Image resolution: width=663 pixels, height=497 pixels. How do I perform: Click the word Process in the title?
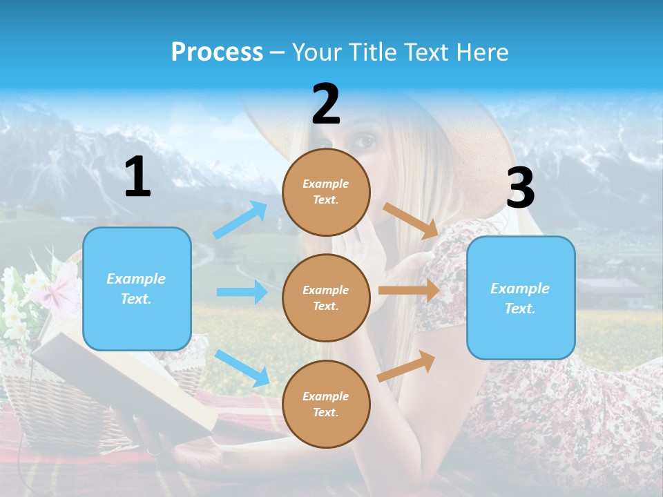tap(217, 52)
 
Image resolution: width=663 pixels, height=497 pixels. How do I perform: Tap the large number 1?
tap(137, 177)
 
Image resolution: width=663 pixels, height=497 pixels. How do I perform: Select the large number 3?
tap(520, 188)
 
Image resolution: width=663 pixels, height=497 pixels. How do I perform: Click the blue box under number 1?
tap(137, 289)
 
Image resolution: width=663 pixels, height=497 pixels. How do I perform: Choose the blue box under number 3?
tap(521, 298)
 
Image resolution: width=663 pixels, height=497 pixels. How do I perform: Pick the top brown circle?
tap(326, 192)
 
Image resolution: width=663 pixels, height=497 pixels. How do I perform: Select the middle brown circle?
tap(326, 298)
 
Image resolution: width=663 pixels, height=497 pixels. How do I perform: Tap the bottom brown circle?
tap(326, 404)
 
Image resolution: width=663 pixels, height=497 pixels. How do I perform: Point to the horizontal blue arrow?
tap(242, 292)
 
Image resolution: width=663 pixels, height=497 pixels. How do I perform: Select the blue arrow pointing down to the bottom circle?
tap(242, 367)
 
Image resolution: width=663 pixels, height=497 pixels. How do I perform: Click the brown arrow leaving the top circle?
tap(411, 221)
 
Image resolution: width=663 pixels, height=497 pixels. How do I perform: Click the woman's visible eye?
tap(366, 142)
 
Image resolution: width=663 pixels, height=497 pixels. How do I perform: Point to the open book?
tap(124, 380)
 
